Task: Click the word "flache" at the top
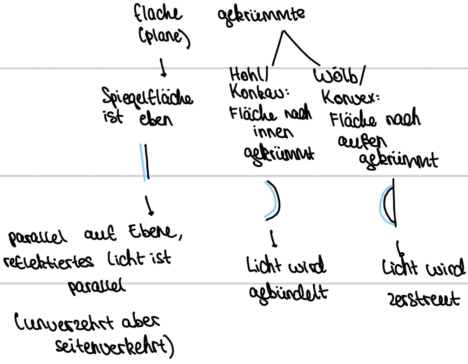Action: coord(158,13)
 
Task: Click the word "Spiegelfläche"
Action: coord(147,97)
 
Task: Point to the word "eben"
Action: coord(156,119)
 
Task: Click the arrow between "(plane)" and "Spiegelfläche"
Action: coord(163,67)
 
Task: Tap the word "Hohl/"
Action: coord(249,74)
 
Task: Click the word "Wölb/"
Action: coord(339,75)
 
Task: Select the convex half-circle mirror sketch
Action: coord(389,204)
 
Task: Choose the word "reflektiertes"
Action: coord(49,261)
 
